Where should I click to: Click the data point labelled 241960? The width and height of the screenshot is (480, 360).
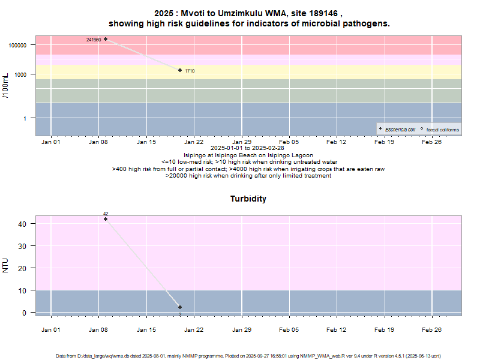(x=106, y=39)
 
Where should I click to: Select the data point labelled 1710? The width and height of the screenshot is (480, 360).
(x=180, y=70)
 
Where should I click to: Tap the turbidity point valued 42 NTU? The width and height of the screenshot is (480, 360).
(x=106, y=219)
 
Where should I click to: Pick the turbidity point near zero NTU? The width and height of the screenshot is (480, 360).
(x=180, y=307)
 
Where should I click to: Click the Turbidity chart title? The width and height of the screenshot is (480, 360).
(x=248, y=199)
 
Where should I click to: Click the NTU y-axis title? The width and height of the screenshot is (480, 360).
(x=6, y=265)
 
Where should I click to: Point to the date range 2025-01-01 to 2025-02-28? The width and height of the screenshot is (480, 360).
(x=248, y=148)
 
